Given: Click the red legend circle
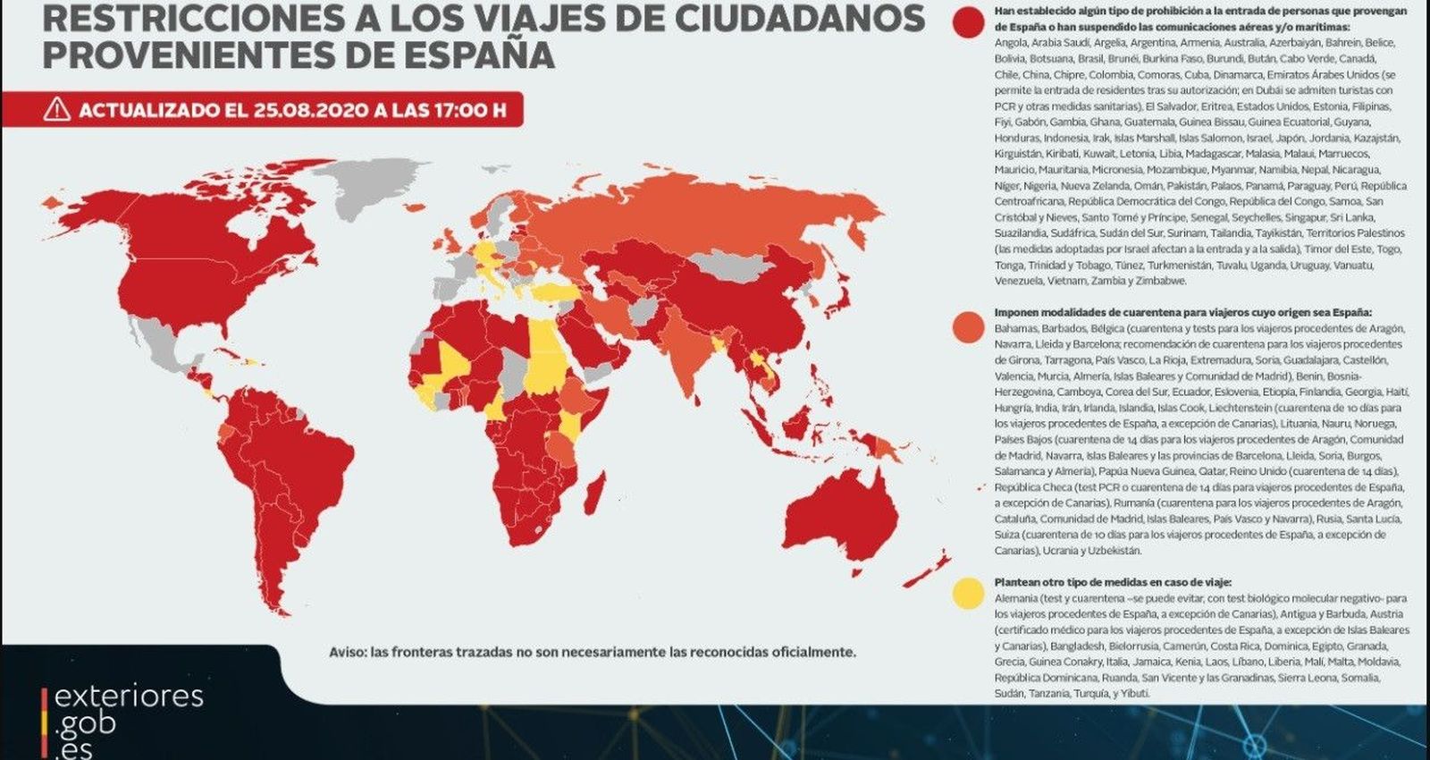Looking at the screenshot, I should (x=968, y=22).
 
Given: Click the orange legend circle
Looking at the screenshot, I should (x=968, y=326).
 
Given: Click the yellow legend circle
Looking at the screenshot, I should (x=968, y=593).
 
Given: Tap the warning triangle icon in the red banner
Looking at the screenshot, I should (x=57, y=109).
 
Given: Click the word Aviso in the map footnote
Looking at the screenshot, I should (x=346, y=652).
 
